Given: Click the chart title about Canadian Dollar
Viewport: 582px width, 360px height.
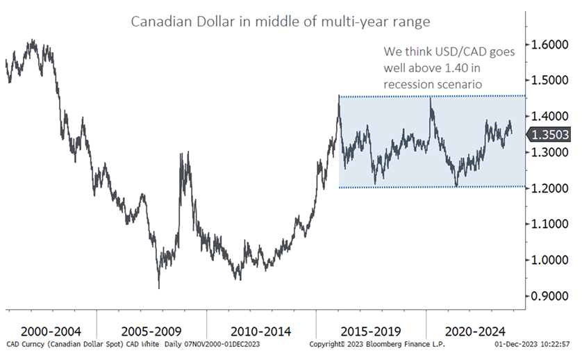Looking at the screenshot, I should pyautogui.click(x=280, y=22).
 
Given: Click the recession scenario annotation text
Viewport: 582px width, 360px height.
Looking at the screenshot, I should pyautogui.click(x=449, y=68).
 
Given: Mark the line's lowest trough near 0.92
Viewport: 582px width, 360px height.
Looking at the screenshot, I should pyautogui.click(x=159, y=288).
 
